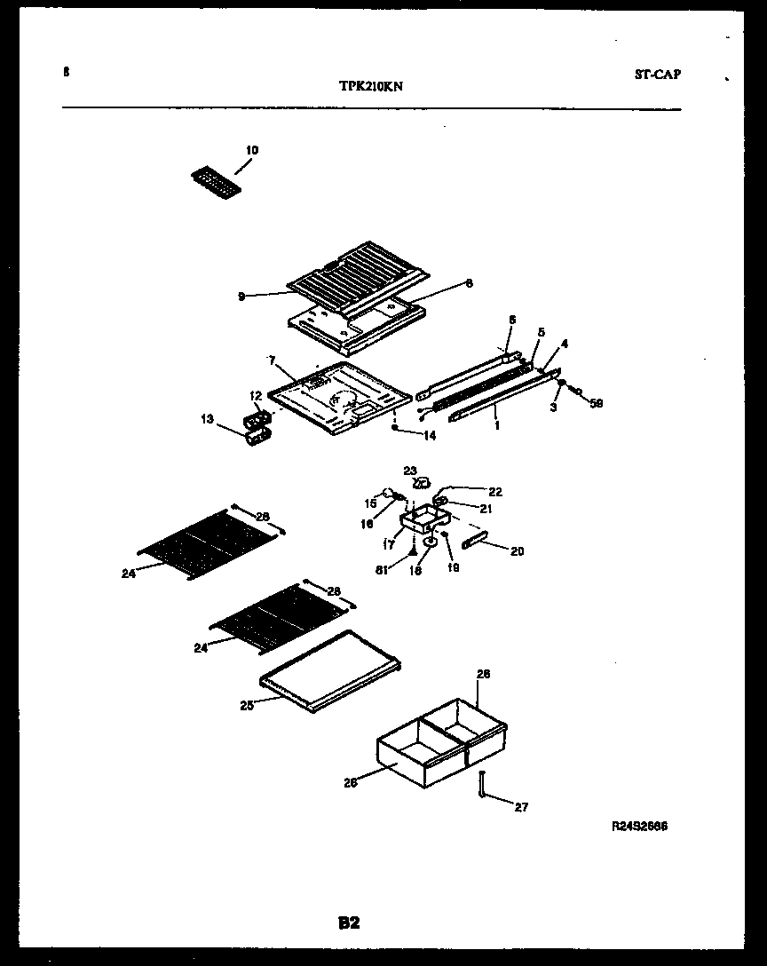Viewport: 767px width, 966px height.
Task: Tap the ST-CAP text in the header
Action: [658, 75]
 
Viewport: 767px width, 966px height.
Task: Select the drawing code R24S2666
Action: [639, 826]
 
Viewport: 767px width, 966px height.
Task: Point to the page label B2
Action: [349, 923]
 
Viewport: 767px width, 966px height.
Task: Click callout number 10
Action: [252, 150]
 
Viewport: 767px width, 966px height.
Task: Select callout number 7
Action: [273, 360]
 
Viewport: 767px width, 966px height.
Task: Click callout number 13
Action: [208, 419]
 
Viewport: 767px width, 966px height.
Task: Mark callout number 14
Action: [430, 435]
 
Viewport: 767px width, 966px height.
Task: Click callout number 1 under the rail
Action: [497, 425]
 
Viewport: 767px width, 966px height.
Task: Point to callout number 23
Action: [410, 471]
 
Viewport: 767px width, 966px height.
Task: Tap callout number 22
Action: [494, 491]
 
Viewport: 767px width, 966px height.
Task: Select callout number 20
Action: [517, 551]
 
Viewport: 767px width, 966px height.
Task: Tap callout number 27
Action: [521, 807]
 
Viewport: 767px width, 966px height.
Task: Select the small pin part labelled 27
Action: [481, 786]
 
